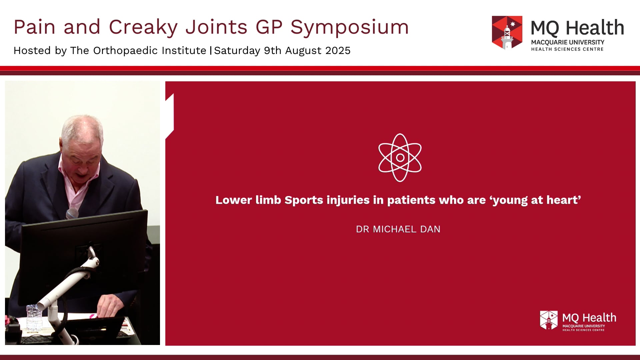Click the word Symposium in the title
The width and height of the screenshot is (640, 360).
[x=349, y=27]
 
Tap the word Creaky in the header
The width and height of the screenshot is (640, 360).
[x=143, y=27]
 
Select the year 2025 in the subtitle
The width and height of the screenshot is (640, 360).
[x=338, y=51]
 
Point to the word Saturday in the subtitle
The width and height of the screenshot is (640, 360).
[x=237, y=51]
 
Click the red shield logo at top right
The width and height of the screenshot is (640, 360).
[x=507, y=32]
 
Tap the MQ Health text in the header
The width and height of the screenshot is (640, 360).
[x=577, y=28]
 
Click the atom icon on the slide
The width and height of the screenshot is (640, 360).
[x=400, y=158]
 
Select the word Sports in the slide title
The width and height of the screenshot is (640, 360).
[x=304, y=200]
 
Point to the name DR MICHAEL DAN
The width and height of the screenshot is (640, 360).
[x=398, y=229]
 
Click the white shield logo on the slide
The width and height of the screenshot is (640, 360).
[x=549, y=320]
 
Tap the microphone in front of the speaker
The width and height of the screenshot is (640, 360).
[x=72, y=213]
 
